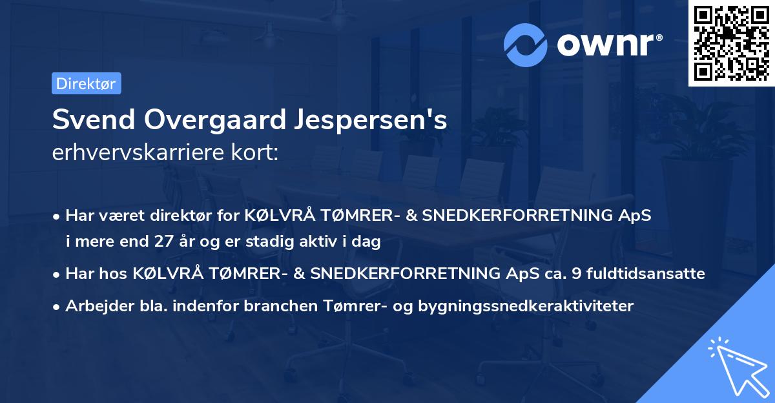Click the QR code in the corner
coord(731,43)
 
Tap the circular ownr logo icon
coord(525,45)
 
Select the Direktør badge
coord(86,83)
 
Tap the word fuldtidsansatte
coord(647,274)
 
